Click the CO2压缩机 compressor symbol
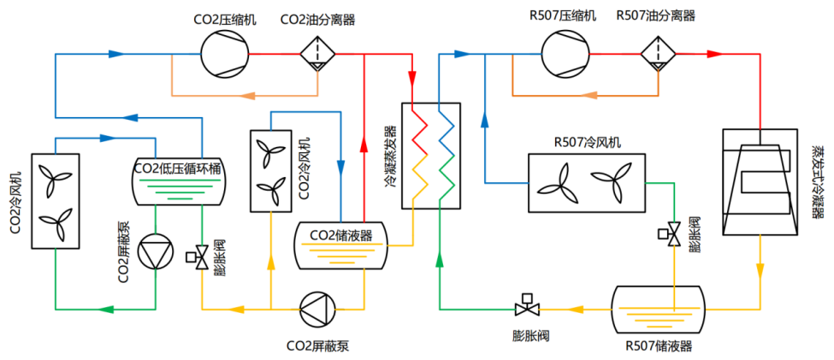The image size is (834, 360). (224, 54)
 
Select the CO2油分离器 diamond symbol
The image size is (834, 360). (318, 54)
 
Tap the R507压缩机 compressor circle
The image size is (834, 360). (565, 54)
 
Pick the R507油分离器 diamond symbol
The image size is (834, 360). (658, 54)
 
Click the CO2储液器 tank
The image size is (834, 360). (340, 245)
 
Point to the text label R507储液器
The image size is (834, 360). (659, 346)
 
